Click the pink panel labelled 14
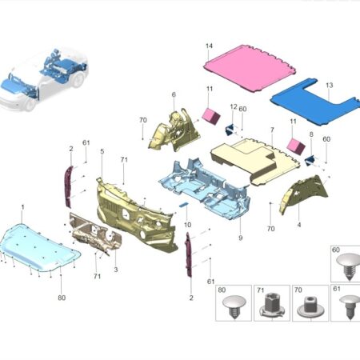click(x=250, y=69)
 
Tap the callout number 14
click(x=209, y=46)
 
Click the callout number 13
click(x=330, y=85)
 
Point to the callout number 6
click(x=174, y=94)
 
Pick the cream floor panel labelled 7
click(x=254, y=161)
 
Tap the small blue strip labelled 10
click(x=183, y=205)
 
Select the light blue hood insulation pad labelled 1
click(x=39, y=246)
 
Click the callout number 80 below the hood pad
click(x=62, y=298)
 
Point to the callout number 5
click(x=102, y=151)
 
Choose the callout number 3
click(x=116, y=270)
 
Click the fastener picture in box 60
click(x=349, y=266)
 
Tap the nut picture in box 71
click(x=271, y=306)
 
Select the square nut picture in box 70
click(x=310, y=307)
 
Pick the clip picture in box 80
click(x=234, y=306)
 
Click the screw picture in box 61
click(x=350, y=306)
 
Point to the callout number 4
click(x=299, y=225)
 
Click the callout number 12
click(x=234, y=106)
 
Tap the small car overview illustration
click(x=44, y=79)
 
